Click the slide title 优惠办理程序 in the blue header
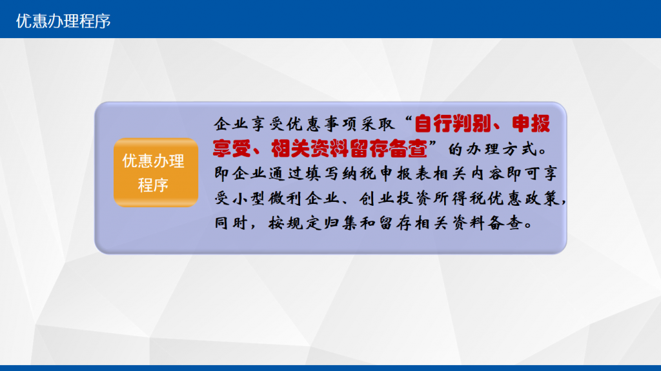point(63,21)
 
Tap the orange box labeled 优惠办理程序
point(156,172)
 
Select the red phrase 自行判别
point(453,124)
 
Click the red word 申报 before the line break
point(531,124)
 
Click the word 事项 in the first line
point(332,124)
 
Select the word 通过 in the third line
point(278,174)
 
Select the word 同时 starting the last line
point(231,223)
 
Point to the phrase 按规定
point(295,223)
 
